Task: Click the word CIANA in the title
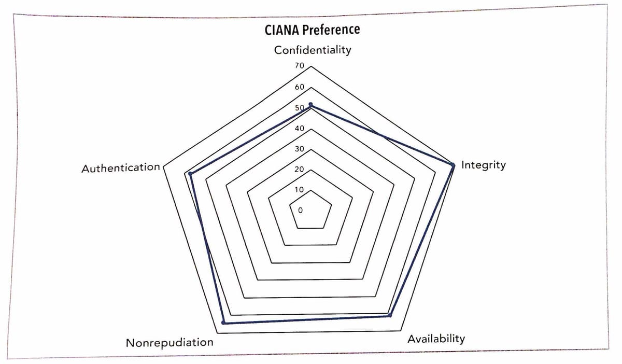point(281,30)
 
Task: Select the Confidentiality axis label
point(313,50)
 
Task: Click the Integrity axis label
point(483,165)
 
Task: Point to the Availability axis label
point(436,339)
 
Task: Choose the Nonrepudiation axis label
point(169,343)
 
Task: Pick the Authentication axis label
point(121,167)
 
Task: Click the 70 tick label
point(299,66)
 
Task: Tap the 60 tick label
point(299,87)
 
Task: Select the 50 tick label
point(299,108)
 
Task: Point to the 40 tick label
point(299,129)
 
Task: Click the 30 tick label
point(299,149)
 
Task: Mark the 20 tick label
point(299,170)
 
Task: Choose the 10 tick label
point(299,190)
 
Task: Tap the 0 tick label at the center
point(300,211)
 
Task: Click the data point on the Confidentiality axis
point(310,105)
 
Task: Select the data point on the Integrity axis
point(453,165)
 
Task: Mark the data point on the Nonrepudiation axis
point(223,323)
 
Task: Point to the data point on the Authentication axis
point(190,174)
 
